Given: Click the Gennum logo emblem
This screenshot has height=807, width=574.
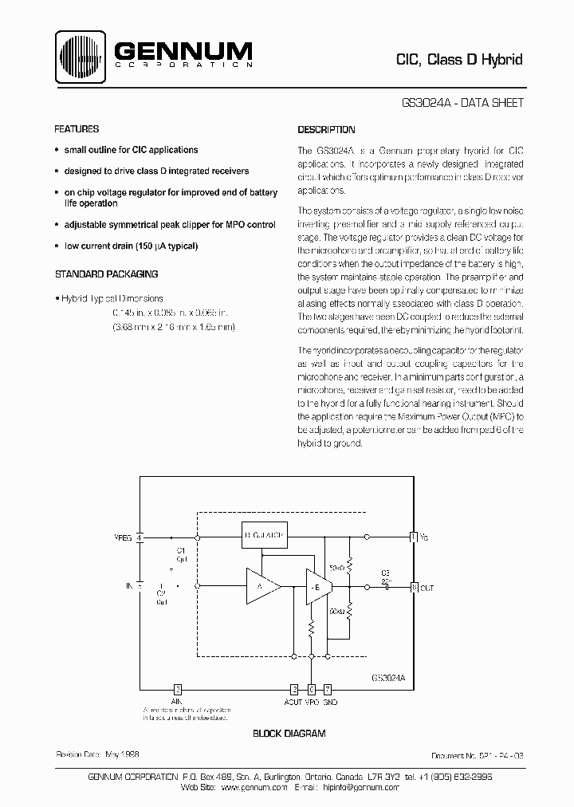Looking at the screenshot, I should tap(82, 56).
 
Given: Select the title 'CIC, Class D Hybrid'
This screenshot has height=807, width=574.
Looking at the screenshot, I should tap(459, 60).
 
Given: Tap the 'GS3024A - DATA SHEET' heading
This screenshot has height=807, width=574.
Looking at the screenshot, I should tap(463, 104).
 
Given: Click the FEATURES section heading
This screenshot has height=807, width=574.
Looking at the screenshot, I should tap(77, 129).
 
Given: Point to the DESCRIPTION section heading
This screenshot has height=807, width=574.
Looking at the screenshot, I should tap(326, 129).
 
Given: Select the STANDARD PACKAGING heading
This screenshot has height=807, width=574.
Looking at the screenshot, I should tap(106, 274).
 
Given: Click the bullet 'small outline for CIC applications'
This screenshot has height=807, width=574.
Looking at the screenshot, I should tap(131, 150).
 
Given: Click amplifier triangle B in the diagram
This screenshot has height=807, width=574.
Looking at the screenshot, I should tap(313, 587).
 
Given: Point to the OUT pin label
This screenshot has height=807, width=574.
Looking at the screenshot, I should tap(427, 588).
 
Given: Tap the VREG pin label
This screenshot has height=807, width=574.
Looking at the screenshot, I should tap(124, 537).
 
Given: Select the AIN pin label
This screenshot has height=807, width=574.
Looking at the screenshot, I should tap(177, 702).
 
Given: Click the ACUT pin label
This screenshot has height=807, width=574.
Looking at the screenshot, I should tap(293, 702).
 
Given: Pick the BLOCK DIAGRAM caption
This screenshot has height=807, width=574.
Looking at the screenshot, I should tap(289, 733).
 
